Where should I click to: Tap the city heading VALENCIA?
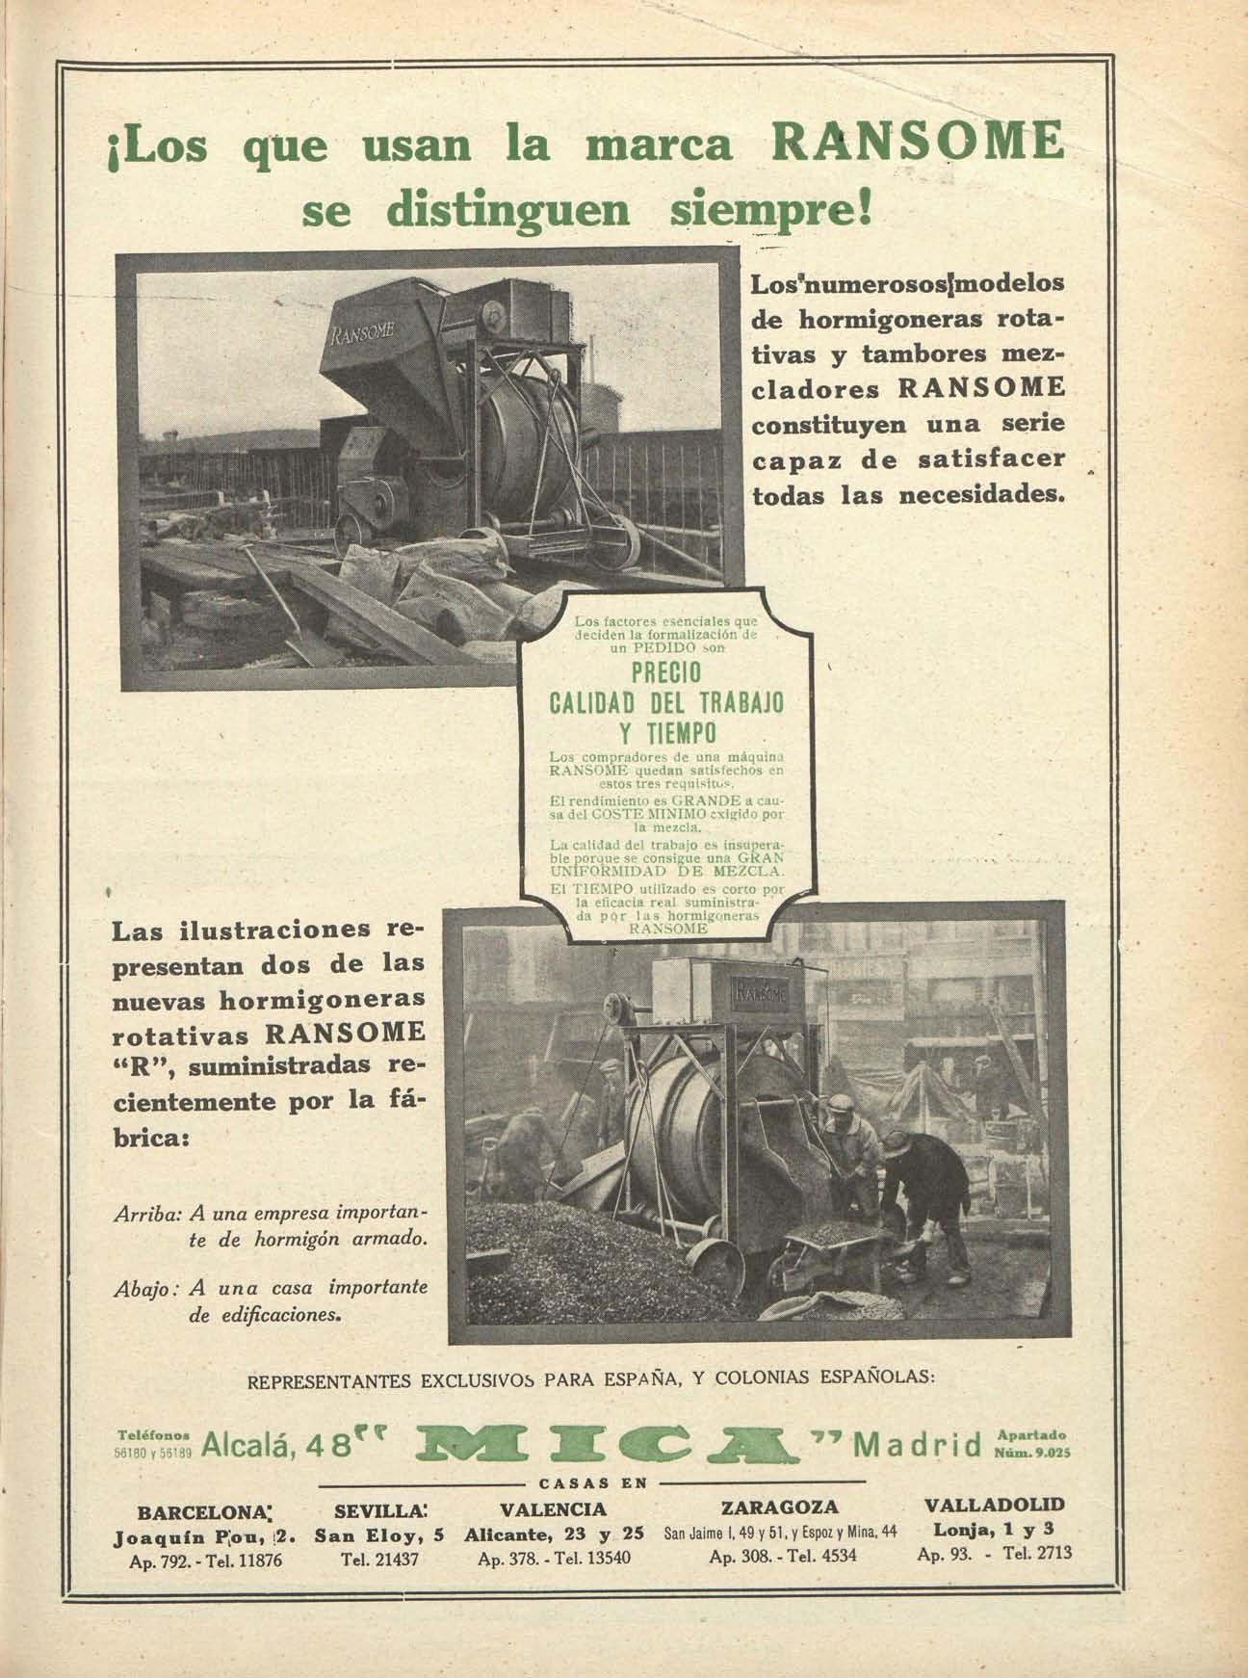coord(554,1508)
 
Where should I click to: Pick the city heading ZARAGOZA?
coord(780,1507)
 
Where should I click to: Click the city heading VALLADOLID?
coord(994,1504)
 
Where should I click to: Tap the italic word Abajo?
coord(143,1287)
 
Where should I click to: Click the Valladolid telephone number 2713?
coord(1052,1553)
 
